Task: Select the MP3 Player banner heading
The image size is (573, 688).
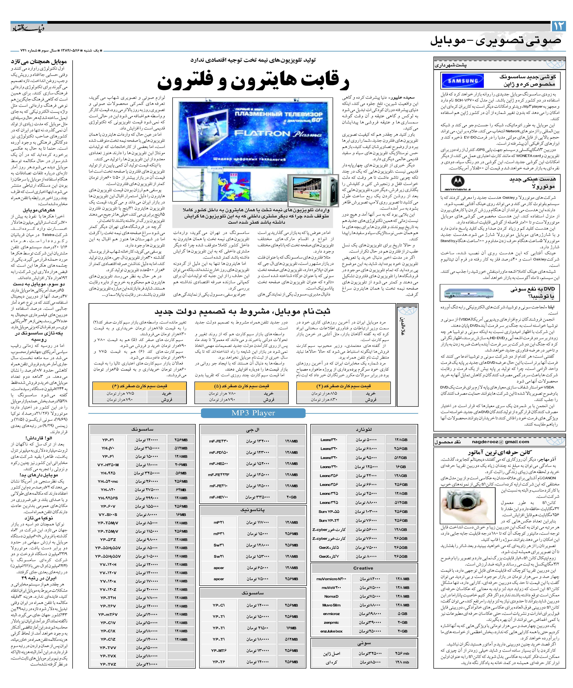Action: [x=253, y=413]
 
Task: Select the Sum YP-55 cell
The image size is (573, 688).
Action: [x=329, y=511]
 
